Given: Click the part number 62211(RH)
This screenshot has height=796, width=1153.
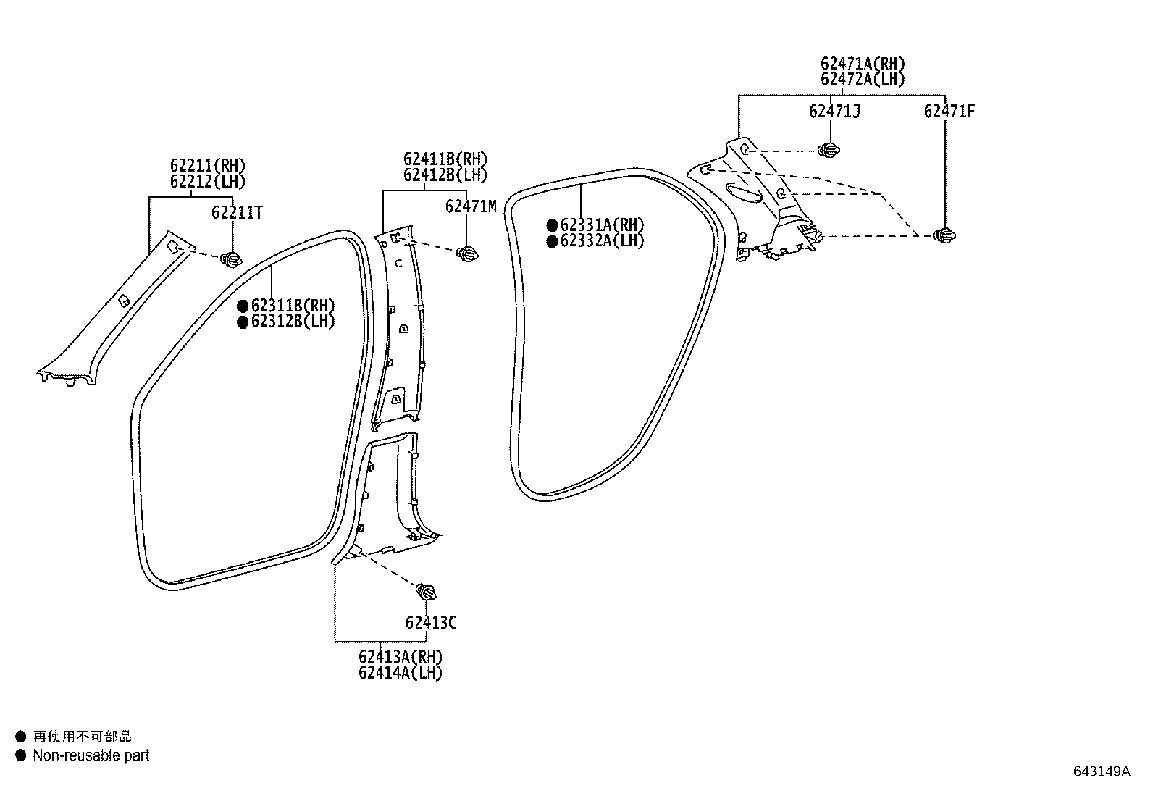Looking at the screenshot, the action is click(x=208, y=166).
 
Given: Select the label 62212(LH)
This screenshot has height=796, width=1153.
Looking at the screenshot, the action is click(x=208, y=182).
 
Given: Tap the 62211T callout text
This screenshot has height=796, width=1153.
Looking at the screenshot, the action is click(x=237, y=213).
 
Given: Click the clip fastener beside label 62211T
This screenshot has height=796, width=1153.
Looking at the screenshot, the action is click(x=231, y=259).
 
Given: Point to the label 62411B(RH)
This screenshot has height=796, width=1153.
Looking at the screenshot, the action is click(x=445, y=159).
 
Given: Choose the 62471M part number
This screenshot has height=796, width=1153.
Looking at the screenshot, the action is click(x=471, y=206).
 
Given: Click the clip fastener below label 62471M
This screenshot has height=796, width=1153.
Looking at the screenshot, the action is click(x=467, y=254).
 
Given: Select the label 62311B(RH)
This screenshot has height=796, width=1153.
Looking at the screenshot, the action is click(x=293, y=306).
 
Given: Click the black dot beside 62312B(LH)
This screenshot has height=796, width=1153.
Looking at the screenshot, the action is click(x=243, y=322).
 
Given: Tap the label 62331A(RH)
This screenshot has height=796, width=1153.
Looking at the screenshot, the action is click(x=603, y=225).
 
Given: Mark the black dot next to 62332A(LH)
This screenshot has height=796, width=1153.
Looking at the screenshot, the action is click(x=553, y=241).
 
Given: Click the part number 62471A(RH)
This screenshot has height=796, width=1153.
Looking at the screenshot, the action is click(x=863, y=64).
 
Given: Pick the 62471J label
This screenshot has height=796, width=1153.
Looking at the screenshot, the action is click(x=834, y=112).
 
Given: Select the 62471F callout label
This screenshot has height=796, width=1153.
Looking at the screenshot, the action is click(x=949, y=112).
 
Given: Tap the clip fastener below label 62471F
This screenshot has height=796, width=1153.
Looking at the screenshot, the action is click(x=944, y=235).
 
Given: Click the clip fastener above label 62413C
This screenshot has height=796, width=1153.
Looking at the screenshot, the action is click(x=426, y=592).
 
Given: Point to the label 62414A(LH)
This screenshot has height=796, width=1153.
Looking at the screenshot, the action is click(x=401, y=672).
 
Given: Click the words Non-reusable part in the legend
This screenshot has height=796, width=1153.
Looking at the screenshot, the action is click(x=91, y=755).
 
